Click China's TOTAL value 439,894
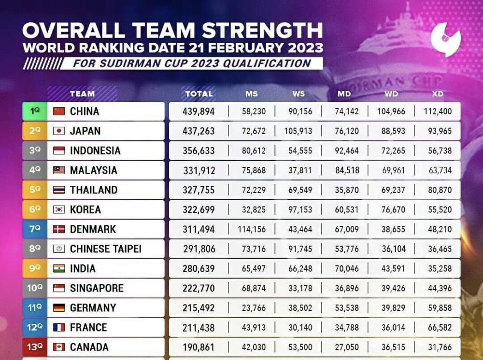coord(199,111)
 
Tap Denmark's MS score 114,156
coord(251,230)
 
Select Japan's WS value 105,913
coord(298,131)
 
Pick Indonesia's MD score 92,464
coord(347,151)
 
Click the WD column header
coord(391,94)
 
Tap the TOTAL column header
coord(199,94)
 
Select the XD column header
coord(438,94)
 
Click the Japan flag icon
coord(59,131)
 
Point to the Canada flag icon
coord(59,347)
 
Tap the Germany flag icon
coord(59,308)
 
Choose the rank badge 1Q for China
coord(35,111)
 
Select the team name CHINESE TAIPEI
coord(105,249)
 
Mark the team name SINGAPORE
coord(97,289)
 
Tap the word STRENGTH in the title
coord(262,30)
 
